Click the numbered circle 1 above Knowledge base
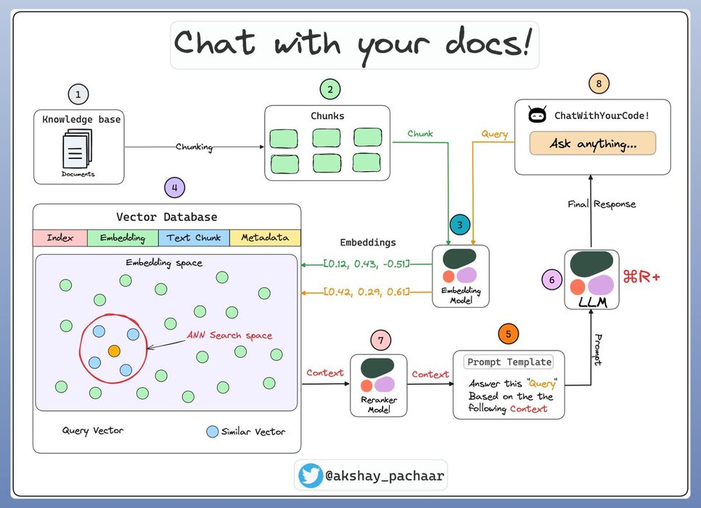point(78,94)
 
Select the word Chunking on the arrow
point(194,147)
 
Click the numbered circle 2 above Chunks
point(330,90)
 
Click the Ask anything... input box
point(593,144)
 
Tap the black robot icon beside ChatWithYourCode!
point(537,115)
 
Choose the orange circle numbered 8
point(598,84)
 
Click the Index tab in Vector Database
point(60,238)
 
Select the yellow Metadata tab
point(265,238)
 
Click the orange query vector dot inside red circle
point(114,351)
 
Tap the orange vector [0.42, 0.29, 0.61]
point(366,292)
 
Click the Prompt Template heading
point(508,361)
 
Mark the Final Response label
point(602,204)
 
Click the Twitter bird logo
point(311,475)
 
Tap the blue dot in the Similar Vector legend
point(212,431)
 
